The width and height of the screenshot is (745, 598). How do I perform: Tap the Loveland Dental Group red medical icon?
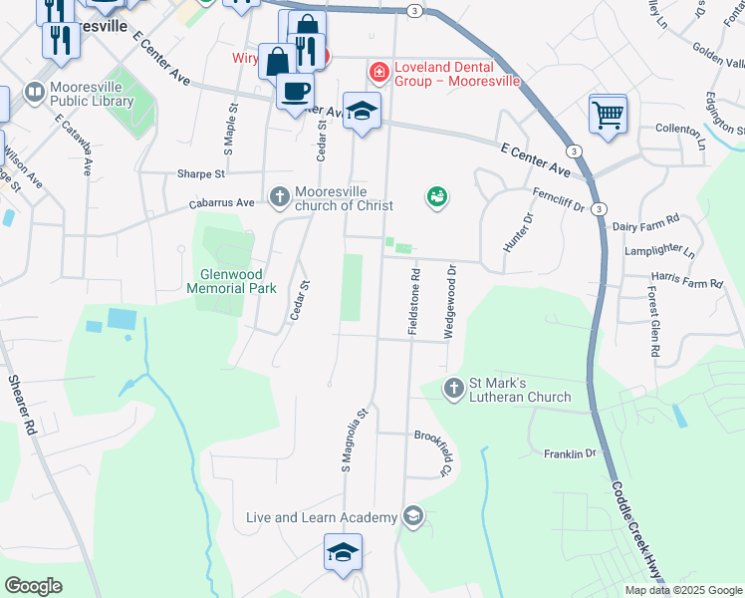[x=378, y=72]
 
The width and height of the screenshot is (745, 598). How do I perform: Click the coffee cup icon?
[x=295, y=92]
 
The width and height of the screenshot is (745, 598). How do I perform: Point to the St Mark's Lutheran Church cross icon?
[x=453, y=388]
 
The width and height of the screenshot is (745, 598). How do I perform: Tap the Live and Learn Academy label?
[x=322, y=517]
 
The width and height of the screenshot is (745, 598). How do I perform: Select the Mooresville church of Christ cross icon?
[x=280, y=196]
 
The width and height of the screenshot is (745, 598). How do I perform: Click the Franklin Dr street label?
[x=569, y=453]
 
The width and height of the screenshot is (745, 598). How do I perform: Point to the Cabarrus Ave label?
[x=222, y=203]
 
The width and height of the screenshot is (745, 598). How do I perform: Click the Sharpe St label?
[x=201, y=173]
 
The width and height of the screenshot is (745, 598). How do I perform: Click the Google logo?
[x=34, y=586]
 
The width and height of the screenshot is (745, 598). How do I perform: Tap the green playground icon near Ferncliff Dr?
[x=436, y=197]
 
